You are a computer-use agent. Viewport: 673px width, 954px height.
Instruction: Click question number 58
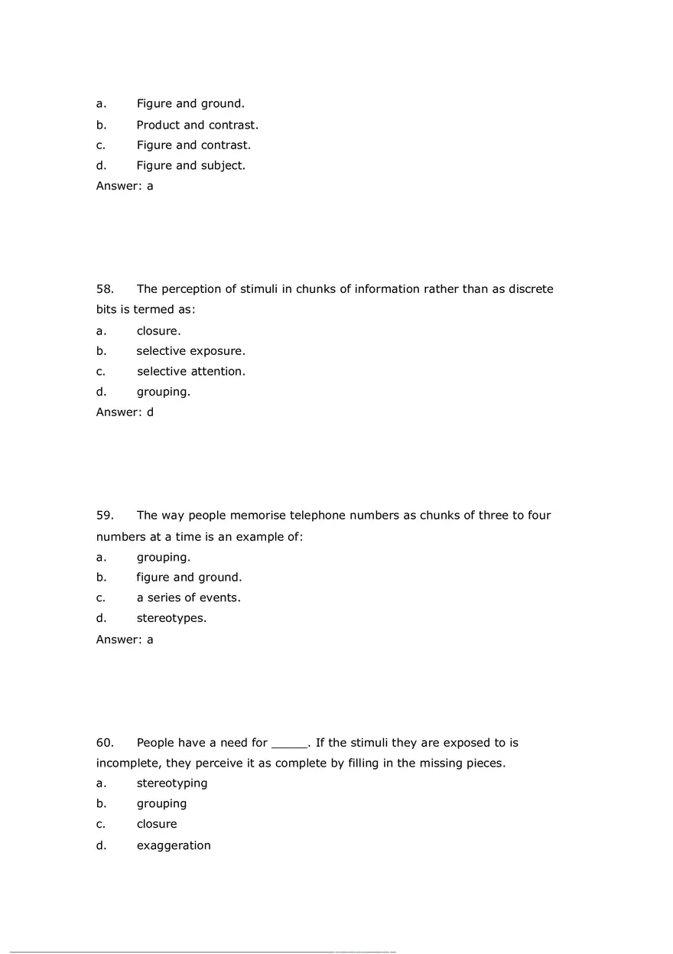point(105,289)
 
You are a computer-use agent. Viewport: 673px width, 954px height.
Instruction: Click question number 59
point(105,516)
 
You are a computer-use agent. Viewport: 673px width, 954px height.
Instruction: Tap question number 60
point(105,743)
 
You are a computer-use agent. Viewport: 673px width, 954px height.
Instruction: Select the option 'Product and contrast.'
point(197,125)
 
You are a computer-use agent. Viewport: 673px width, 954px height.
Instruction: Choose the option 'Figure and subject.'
point(191,165)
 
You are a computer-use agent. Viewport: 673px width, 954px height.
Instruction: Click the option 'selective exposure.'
point(191,351)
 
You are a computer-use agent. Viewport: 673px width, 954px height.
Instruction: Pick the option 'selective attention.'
point(191,371)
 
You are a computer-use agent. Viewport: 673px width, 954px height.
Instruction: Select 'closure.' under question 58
point(158,331)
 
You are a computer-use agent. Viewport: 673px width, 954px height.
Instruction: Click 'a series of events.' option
point(189,597)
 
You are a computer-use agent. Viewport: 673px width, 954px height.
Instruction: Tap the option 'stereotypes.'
point(171,618)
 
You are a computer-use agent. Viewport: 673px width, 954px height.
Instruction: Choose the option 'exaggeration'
point(174,845)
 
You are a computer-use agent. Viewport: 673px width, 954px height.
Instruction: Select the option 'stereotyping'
point(172,783)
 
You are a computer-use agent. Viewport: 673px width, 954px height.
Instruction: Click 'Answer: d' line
point(125,412)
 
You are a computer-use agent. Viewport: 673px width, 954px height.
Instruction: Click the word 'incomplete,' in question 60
point(128,764)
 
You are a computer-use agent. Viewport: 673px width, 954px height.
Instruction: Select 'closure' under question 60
point(157,824)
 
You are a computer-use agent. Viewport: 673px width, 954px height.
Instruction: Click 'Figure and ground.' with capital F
point(190,103)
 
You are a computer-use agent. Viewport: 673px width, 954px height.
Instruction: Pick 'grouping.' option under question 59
point(164,557)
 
